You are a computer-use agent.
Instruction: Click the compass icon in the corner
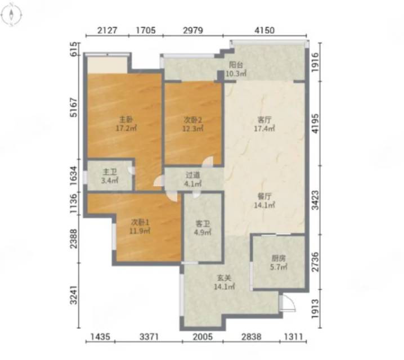tap(11, 15)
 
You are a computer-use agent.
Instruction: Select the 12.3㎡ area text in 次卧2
tap(193, 128)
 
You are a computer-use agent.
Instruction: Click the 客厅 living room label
tap(264, 120)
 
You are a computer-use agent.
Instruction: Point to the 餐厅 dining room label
tap(264, 196)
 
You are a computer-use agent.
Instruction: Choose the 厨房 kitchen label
tap(279, 258)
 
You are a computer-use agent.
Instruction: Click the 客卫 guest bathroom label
tap(203, 223)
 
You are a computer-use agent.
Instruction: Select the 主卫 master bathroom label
tap(110, 172)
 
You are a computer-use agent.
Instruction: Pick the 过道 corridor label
tap(193, 175)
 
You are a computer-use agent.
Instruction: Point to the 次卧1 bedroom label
tap(141, 222)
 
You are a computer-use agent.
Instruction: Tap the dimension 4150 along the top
tap(264, 30)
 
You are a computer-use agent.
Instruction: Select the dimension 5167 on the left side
tap(74, 107)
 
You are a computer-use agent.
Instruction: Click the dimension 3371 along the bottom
tap(149, 336)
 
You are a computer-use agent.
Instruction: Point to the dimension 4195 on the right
tap(315, 124)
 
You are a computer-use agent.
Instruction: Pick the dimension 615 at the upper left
tap(74, 49)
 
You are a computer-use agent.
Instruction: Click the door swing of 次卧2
tap(208, 161)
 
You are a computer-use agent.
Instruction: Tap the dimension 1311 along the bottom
tap(294, 336)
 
